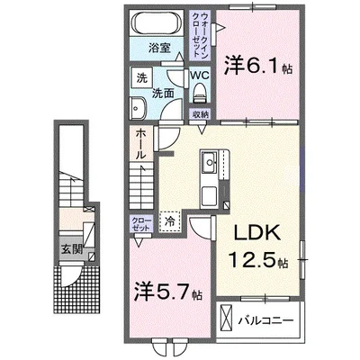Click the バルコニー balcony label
click(x=271, y=319)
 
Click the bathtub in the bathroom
click(x=160, y=23)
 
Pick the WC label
click(x=200, y=76)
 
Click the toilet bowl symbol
click(x=201, y=94)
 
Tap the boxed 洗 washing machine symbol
click(x=142, y=78)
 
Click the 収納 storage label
click(x=200, y=113)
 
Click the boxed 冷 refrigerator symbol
click(x=169, y=218)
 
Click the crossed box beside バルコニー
click(x=229, y=319)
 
